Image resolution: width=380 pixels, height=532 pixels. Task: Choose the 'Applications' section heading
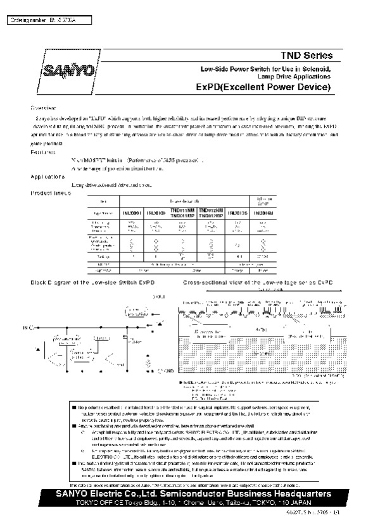click(48, 176)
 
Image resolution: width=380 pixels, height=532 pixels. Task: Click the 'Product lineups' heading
click(51, 192)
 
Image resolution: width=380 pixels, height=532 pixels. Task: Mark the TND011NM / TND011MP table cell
click(184, 213)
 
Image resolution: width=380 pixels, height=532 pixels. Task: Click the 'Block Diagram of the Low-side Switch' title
click(92, 281)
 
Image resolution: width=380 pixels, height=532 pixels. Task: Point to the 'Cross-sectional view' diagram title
click(254, 281)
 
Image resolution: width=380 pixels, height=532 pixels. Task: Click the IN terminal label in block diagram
click(27, 328)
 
